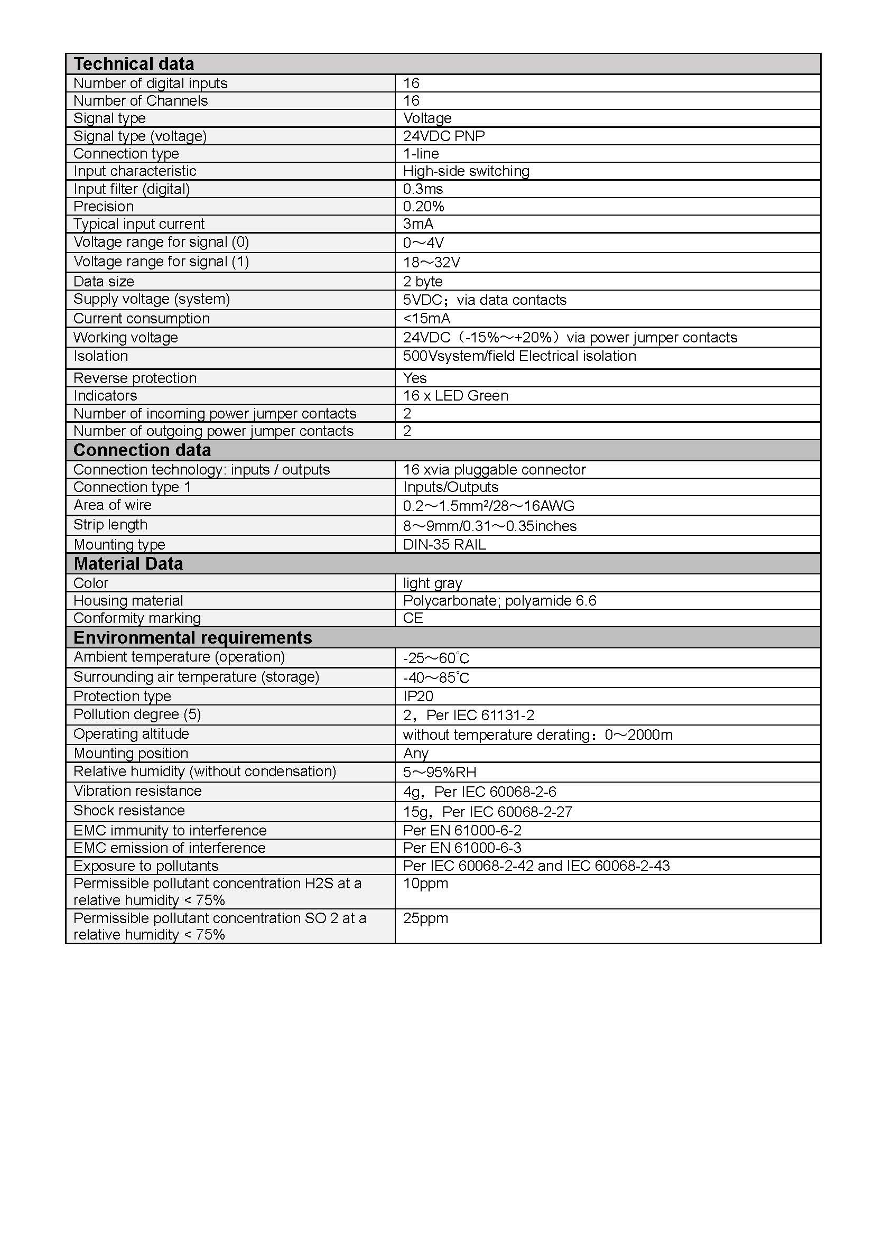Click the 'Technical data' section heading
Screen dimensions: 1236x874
[134, 63]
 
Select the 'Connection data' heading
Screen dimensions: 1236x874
[142, 450]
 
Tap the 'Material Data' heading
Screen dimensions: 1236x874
[128, 564]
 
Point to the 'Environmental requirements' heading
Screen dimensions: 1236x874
[193, 637]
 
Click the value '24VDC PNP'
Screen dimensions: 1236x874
[444, 136]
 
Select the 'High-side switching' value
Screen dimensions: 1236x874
[466, 171]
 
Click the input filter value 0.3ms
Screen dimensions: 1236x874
[423, 189]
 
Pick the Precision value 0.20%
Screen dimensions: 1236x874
[424, 207]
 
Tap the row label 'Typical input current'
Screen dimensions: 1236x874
[139, 224]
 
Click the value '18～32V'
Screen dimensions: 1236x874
[432, 262]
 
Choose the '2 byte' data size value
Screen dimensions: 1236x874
[423, 282]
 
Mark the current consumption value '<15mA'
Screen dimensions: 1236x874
[427, 318]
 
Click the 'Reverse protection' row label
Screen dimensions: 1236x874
[135, 378]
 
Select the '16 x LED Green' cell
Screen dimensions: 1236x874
[455, 396]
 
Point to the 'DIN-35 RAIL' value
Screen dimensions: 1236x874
[444, 544]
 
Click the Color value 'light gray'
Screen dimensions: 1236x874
[433, 583]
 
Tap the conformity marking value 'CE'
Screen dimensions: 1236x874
[413, 618]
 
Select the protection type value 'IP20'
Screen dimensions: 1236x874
[418, 696]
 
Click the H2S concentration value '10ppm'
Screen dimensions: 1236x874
[426, 884]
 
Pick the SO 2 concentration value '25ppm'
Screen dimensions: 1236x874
[426, 918]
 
